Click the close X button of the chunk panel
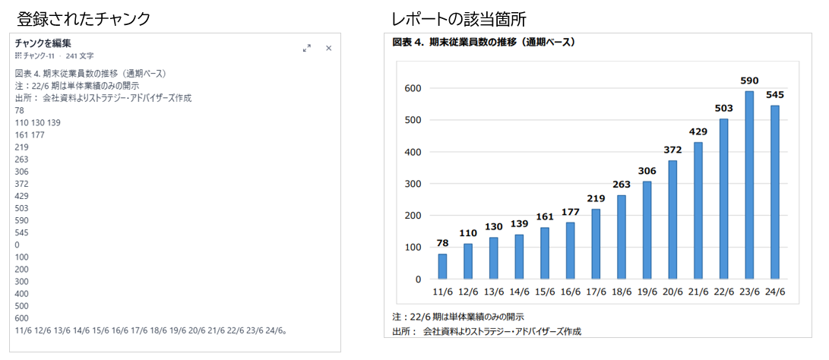[x=329, y=48]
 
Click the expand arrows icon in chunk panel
[x=307, y=48]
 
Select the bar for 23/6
[x=749, y=185]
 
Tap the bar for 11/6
[x=442, y=267]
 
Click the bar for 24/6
[x=774, y=192]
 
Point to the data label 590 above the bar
[x=749, y=81]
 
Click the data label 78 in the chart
[x=442, y=243]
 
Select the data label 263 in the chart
[x=622, y=185]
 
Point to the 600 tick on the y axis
[x=412, y=88]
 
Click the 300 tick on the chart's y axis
[x=412, y=184]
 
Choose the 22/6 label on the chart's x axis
[x=723, y=292]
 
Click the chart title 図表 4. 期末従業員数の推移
[x=483, y=43]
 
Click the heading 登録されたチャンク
[x=84, y=17]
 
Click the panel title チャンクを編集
[x=43, y=43]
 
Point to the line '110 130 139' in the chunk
[x=38, y=122]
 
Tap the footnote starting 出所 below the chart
[x=486, y=331]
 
